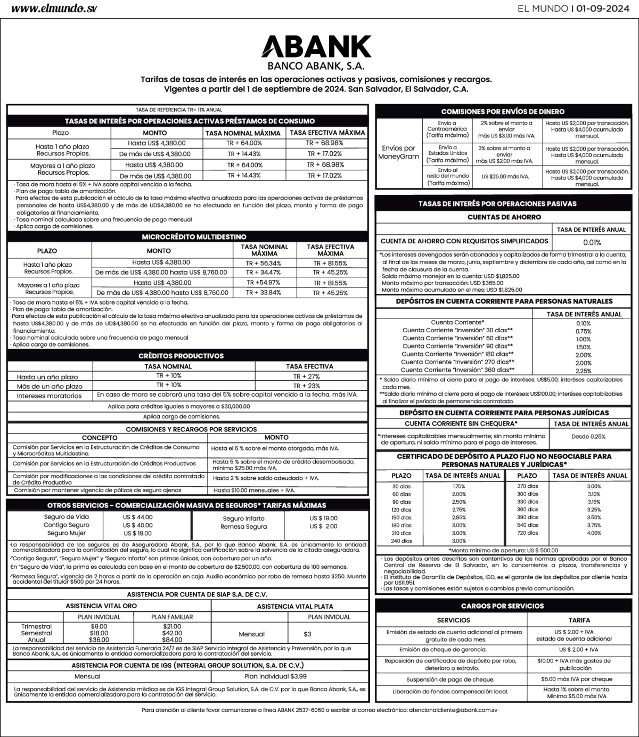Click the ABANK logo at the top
click(x=316, y=46)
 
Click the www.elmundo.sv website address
click(x=54, y=9)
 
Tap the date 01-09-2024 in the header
click(x=602, y=9)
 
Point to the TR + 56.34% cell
click(x=263, y=263)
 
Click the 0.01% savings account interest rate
click(x=592, y=242)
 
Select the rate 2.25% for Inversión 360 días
click(x=583, y=371)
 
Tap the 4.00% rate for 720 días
click(x=594, y=533)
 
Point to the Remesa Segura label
click(x=244, y=527)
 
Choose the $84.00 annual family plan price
click(x=172, y=640)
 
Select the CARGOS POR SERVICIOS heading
click(x=502, y=606)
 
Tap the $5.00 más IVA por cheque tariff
click(x=576, y=679)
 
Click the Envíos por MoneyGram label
click(x=398, y=153)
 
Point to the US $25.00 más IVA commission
click(x=505, y=176)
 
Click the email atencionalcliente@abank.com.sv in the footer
click(x=453, y=710)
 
